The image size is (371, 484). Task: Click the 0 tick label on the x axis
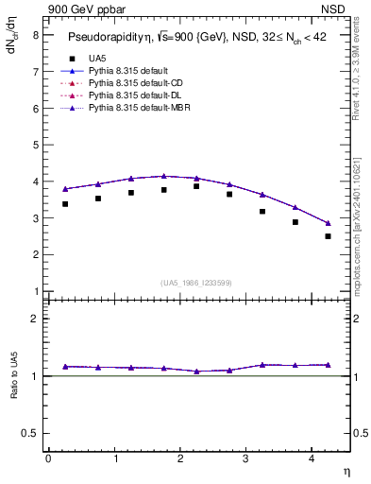(48, 458)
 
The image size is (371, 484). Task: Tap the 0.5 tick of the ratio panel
(30, 433)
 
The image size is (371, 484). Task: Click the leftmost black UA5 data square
(64, 203)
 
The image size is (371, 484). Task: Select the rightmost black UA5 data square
(328, 236)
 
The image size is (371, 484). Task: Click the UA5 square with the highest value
(196, 186)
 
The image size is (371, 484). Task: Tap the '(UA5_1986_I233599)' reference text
(196, 284)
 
